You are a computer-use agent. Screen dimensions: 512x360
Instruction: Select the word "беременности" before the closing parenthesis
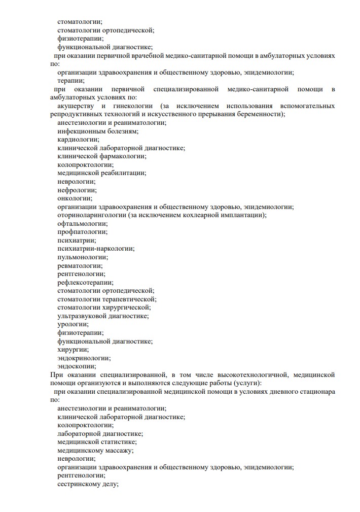point(261,114)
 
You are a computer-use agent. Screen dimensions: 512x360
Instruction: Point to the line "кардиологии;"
point(79,139)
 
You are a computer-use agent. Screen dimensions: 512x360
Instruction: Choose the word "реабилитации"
point(123,173)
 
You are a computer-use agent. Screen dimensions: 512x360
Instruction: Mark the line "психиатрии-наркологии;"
point(96,249)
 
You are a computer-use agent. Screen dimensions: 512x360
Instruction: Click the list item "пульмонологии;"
point(83,257)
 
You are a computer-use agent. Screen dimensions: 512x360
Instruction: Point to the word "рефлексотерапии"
point(85,282)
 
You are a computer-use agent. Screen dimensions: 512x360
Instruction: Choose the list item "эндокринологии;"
point(84,358)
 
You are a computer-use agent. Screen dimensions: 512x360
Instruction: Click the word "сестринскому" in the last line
point(79,484)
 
